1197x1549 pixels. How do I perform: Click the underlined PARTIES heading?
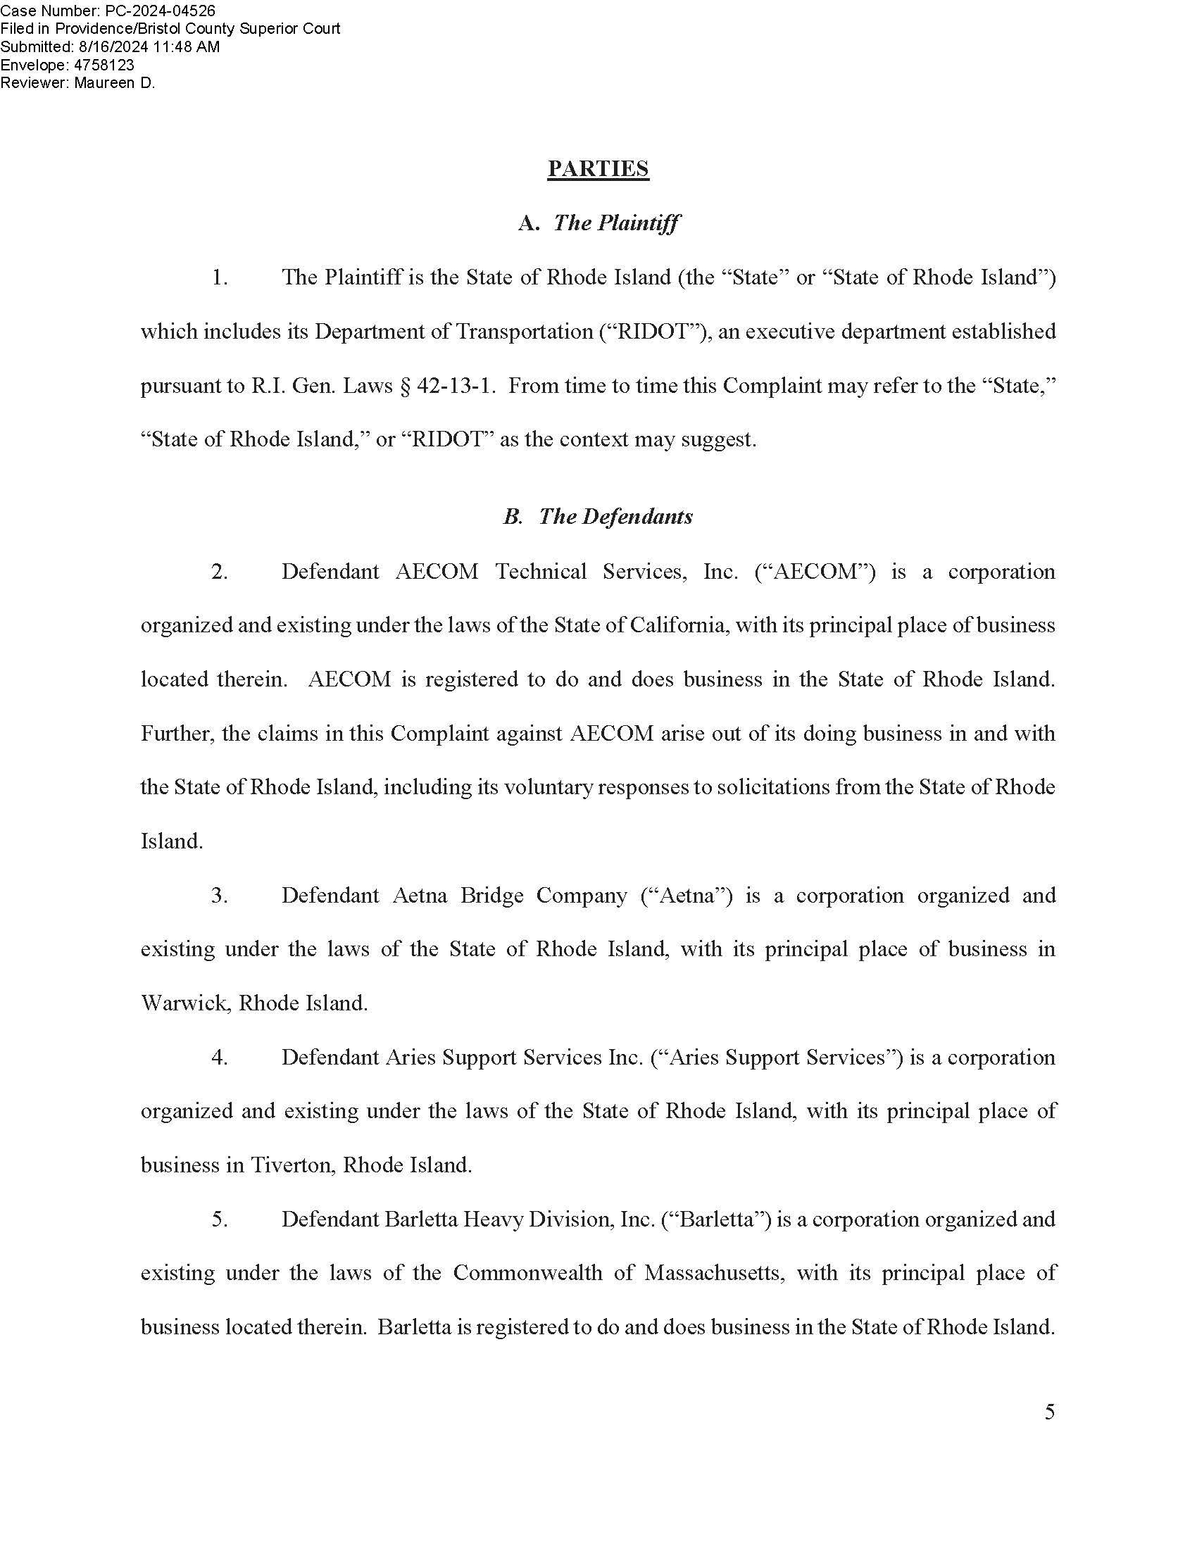click(x=598, y=169)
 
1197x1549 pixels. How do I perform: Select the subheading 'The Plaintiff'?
click(x=615, y=222)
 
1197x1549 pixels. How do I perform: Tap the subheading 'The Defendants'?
click(x=615, y=516)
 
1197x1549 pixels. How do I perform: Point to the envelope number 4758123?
click(x=104, y=65)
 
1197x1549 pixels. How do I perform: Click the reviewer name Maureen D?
click(x=114, y=83)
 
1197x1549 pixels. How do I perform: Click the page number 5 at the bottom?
click(x=1050, y=1412)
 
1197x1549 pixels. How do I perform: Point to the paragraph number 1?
click(x=219, y=277)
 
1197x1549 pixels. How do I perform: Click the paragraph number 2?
click(x=219, y=572)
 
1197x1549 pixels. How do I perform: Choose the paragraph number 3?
click(x=219, y=895)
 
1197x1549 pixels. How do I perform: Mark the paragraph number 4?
click(x=219, y=1057)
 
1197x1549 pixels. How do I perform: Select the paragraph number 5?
click(x=219, y=1219)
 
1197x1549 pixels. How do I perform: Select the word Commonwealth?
click(x=527, y=1273)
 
